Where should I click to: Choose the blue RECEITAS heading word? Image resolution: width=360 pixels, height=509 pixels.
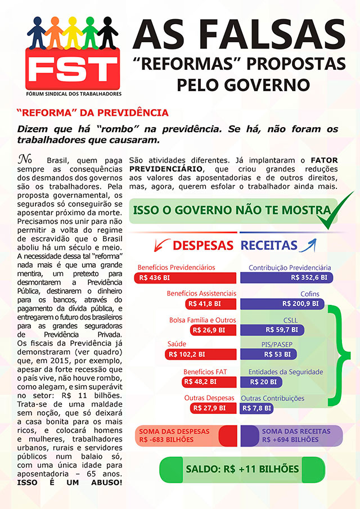[269, 245]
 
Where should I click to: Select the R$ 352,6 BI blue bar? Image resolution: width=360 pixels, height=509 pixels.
[286, 277]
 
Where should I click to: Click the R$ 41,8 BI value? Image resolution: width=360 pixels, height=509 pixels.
[207, 303]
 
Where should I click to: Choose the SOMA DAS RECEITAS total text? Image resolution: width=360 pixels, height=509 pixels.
[290, 435]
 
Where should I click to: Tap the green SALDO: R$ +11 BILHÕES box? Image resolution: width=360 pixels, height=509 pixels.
[242, 469]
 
